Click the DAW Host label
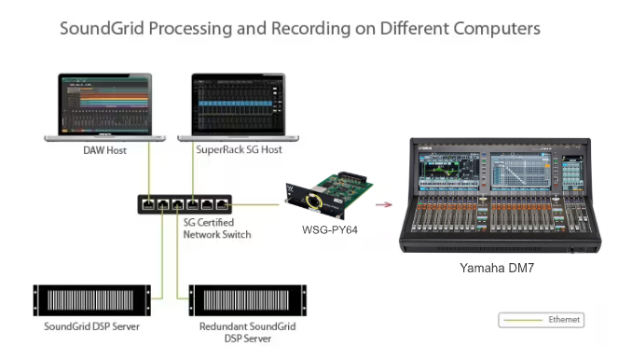pyautogui.click(x=104, y=150)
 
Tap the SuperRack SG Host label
pyautogui.click(x=239, y=149)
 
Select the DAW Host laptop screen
pyautogui.click(x=105, y=104)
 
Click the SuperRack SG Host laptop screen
pyautogui.click(x=239, y=104)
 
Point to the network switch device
pyautogui.click(x=185, y=204)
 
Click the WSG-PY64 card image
pyautogui.click(x=328, y=195)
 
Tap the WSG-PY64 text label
pyautogui.click(x=330, y=229)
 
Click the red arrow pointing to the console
pyautogui.click(x=384, y=205)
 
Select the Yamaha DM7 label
pyautogui.click(x=497, y=268)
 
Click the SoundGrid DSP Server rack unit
pyautogui.click(x=92, y=300)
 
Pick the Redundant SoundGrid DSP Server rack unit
pyautogui.click(x=247, y=300)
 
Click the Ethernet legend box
pyautogui.click(x=542, y=320)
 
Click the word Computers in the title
pyautogui.click(x=497, y=29)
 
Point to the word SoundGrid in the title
pyautogui.click(x=102, y=29)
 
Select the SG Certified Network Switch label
pyautogui.click(x=217, y=228)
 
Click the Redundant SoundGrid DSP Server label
pyautogui.click(x=247, y=332)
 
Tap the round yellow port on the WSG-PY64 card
pyautogui.click(x=313, y=201)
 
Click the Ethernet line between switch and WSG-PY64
pyautogui.click(x=255, y=204)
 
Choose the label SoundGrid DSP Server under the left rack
pyautogui.click(x=92, y=326)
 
